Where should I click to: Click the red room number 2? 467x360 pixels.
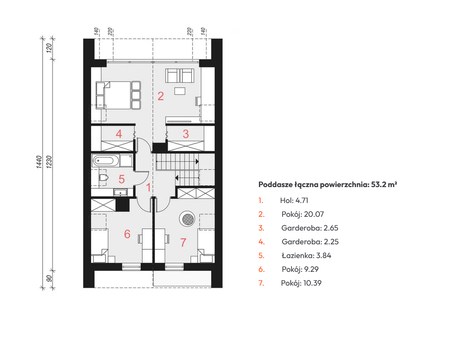pyautogui.click(x=160, y=96)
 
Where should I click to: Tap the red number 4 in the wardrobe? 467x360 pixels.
pyautogui.click(x=119, y=134)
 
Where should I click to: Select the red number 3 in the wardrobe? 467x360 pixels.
pyautogui.click(x=185, y=134)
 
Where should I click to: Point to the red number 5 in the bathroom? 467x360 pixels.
pyautogui.click(x=122, y=179)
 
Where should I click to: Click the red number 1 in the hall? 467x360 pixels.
pyautogui.click(x=148, y=188)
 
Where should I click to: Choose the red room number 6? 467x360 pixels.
pyautogui.click(x=127, y=234)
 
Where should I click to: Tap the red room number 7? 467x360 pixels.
pyautogui.click(x=183, y=242)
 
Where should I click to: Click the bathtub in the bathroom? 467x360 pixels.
pyautogui.click(x=105, y=161)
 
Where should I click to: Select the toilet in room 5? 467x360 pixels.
pyautogui.click(x=103, y=178)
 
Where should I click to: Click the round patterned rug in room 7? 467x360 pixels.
pyautogui.click(x=187, y=219)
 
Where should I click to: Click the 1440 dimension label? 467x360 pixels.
pyautogui.click(x=39, y=162)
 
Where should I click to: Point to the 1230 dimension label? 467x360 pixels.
pyautogui.click(x=49, y=162)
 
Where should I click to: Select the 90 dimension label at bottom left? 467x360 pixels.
pyautogui.click(x=49, y=278)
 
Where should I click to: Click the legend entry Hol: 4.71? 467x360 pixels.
pyautogui.click(x=294, y=200)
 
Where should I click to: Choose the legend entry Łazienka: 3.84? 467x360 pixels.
pyautogui.click(x=307, y=255)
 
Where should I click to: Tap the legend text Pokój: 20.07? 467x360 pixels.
pyautogui.click(x=303, y=214)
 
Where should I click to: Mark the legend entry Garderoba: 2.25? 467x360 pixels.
pyautogui.click(x=310, y=242)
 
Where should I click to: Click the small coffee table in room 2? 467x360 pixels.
pyautogui.click(x=180, y=91)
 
